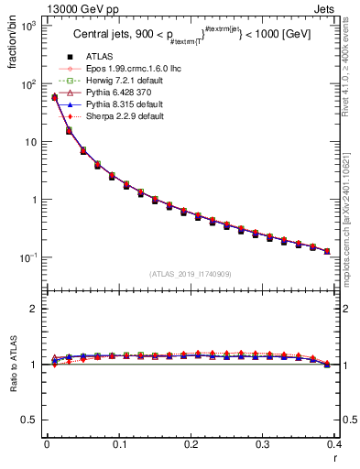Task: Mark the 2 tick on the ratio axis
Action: (x=32, y=309)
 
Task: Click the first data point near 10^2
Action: (x=54, y=97)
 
